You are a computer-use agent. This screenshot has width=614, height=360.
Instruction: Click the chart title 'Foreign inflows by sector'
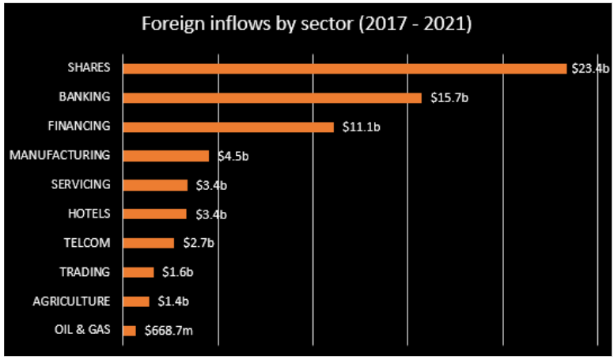(x=306, y=25)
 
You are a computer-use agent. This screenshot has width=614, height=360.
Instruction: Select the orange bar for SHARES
(x=345, y=69)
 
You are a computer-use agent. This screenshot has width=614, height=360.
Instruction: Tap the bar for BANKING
(x=272, y=98)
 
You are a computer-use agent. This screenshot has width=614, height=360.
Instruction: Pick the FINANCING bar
(x=229, y=127)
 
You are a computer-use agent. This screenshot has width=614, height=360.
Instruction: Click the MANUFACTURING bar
(x=166, y=156)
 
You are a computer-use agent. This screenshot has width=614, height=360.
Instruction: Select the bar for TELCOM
(x=149, y=243)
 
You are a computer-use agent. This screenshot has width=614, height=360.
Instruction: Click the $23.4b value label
(x=589, y=69)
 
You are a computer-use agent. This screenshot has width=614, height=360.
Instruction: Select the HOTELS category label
(x=90, y=214)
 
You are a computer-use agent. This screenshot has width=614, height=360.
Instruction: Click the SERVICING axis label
(x=80, y=184)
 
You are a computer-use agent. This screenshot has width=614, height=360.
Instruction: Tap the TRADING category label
(x=85, y=272)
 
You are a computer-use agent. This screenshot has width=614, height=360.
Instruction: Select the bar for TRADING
(x=138, y=272)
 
